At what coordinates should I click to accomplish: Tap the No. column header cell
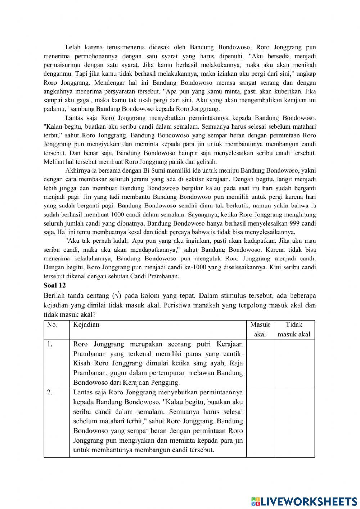coord(52,325)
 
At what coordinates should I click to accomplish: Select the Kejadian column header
coord(86,325)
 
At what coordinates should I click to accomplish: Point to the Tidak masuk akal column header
coord(294,329)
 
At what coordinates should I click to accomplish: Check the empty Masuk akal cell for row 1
coord(260,363)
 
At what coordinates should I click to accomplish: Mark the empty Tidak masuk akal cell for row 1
coord(294,363)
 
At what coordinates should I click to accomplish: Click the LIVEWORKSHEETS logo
coord(304,501)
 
